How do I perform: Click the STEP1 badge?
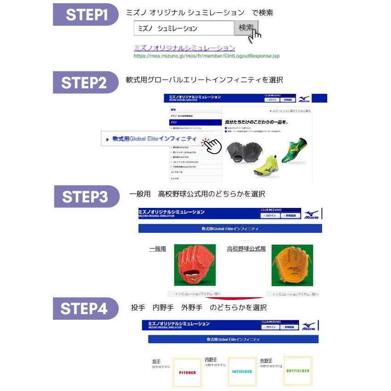(x=86, y=15)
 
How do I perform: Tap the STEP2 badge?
(x=86, y=83)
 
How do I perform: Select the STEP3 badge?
(x=86, y=196)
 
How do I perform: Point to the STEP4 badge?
(x=86, y=308)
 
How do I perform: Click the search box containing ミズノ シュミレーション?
(x=184, y=28)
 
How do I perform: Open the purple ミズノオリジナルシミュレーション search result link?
(x=184, y=48)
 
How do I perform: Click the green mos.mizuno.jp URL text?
(x=207, y=56)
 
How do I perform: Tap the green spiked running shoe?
(x=295, y=150)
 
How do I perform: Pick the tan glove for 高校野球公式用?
(x=292, y=265)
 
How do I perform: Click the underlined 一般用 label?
(x=157, y=249)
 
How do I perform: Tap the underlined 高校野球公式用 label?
(x=246, y=249)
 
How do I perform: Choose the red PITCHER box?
(x=187, y=373)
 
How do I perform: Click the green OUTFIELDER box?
(x=298, y=370)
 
